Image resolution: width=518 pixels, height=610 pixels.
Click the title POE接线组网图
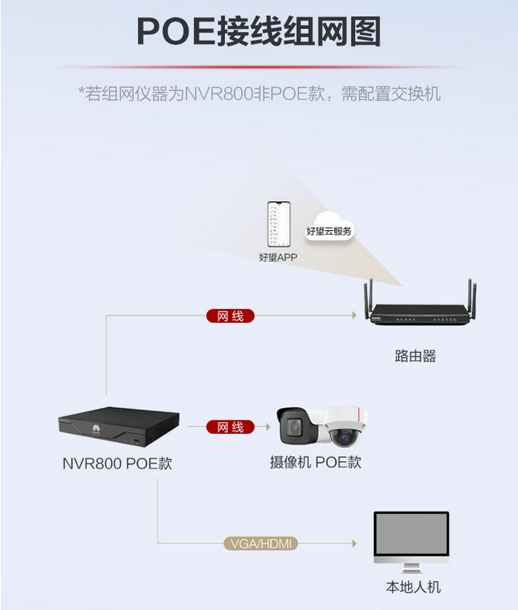click(x=258, y=32)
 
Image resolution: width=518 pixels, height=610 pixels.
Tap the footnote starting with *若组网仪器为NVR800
click(x=259, y=93)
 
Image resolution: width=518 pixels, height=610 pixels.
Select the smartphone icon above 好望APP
click(x=277, y=223)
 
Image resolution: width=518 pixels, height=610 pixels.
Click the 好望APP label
click(x=277, y=257)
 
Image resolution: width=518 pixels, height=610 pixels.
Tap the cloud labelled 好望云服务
click(x=329, y=231)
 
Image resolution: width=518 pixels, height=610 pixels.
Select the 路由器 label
click(x=415, y=356)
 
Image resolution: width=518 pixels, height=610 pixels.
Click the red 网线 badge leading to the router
click(x=230, y=316)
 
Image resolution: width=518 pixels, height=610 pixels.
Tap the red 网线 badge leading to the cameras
click(x=230, y=427)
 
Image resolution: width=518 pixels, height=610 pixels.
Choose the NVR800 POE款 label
click(x=118, y=464)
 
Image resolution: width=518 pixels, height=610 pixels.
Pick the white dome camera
click(x=343, y=426)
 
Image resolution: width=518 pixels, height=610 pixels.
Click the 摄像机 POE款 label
click(x=315, y=462)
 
